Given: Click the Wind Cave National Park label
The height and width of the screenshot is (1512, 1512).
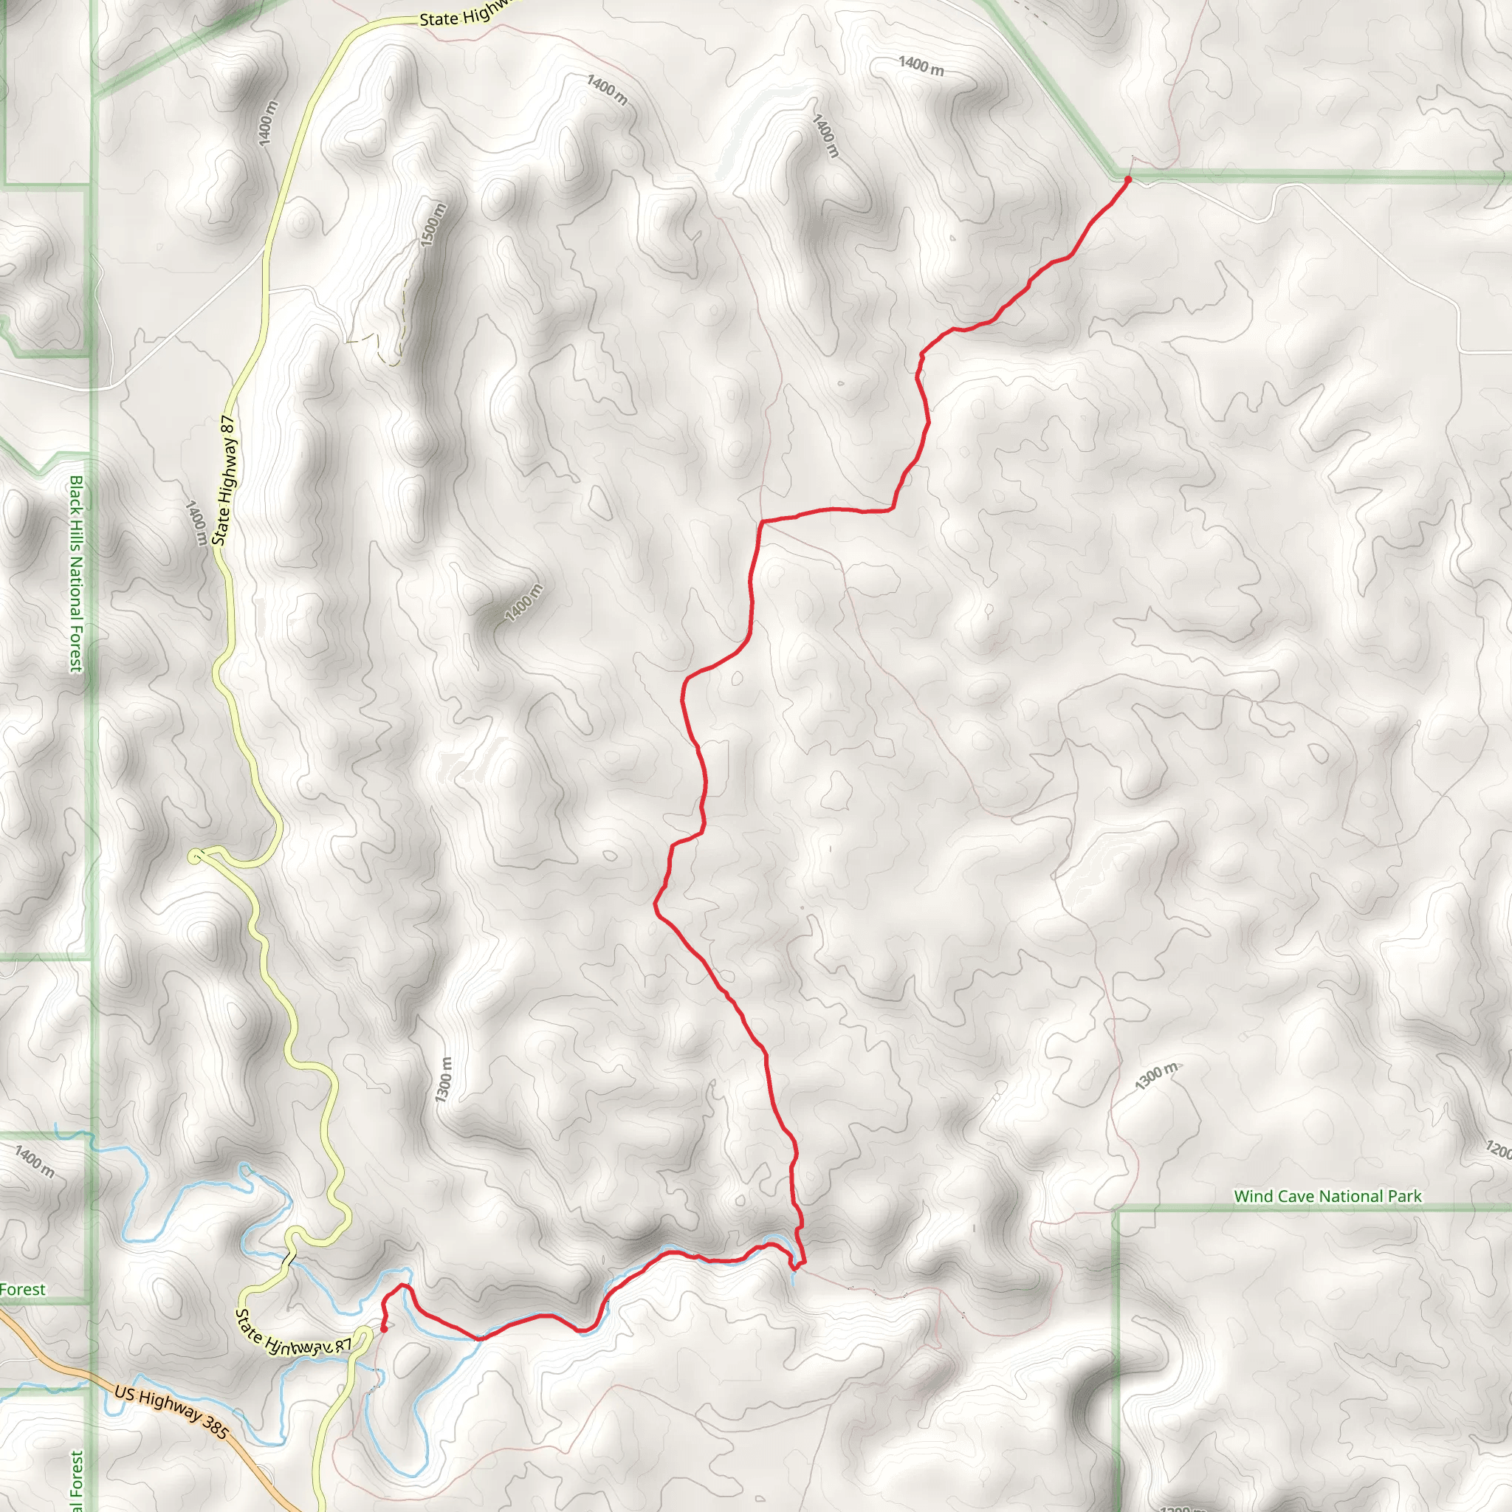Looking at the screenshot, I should tap(1327, 1196).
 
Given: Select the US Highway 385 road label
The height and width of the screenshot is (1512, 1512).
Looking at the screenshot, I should tap(171, 1413).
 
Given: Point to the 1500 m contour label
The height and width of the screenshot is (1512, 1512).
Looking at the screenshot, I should tap(433, 224).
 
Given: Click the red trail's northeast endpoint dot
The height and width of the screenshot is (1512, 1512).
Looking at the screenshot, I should tap(1128, 180).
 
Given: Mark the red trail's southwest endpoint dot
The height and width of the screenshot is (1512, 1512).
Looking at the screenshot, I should tap(383, 1328).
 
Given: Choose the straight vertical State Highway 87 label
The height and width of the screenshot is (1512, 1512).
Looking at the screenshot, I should tap(224, 480).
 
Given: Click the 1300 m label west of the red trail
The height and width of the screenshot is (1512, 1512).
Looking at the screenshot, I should tap(444, 1079).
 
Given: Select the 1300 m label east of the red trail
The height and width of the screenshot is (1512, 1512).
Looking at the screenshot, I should tap(1156, 1076).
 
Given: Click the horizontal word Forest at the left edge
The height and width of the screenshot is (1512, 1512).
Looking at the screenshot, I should tap(23, 1290).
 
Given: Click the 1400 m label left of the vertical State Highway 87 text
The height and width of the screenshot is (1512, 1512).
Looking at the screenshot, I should tap(196, 523).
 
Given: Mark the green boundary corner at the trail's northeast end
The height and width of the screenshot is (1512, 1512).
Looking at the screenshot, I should tap(1116, 173).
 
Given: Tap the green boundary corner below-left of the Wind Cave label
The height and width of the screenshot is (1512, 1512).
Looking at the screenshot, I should tap(1118, 1212).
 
